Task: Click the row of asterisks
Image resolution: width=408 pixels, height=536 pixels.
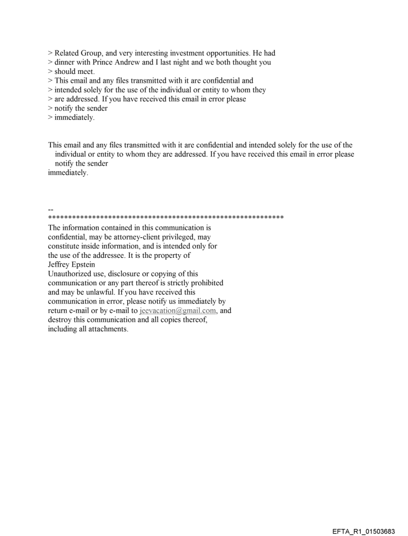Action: pyautogui.click(x=165, y=218)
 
